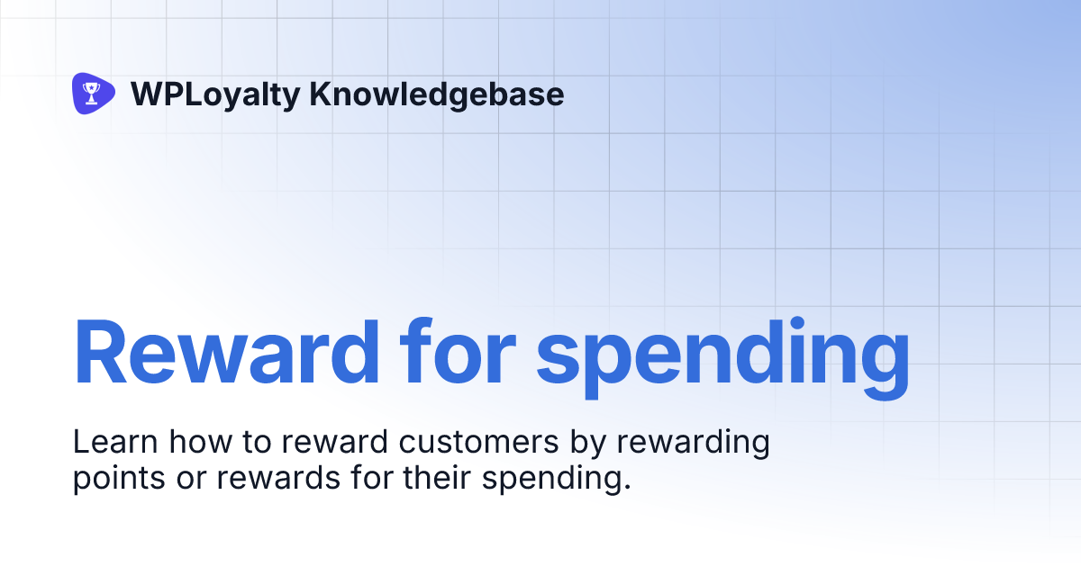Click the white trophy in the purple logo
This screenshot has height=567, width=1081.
coord(91,92)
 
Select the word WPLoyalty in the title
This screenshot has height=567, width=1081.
coord(214,94)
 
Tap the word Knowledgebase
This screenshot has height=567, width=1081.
coord(437,94)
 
